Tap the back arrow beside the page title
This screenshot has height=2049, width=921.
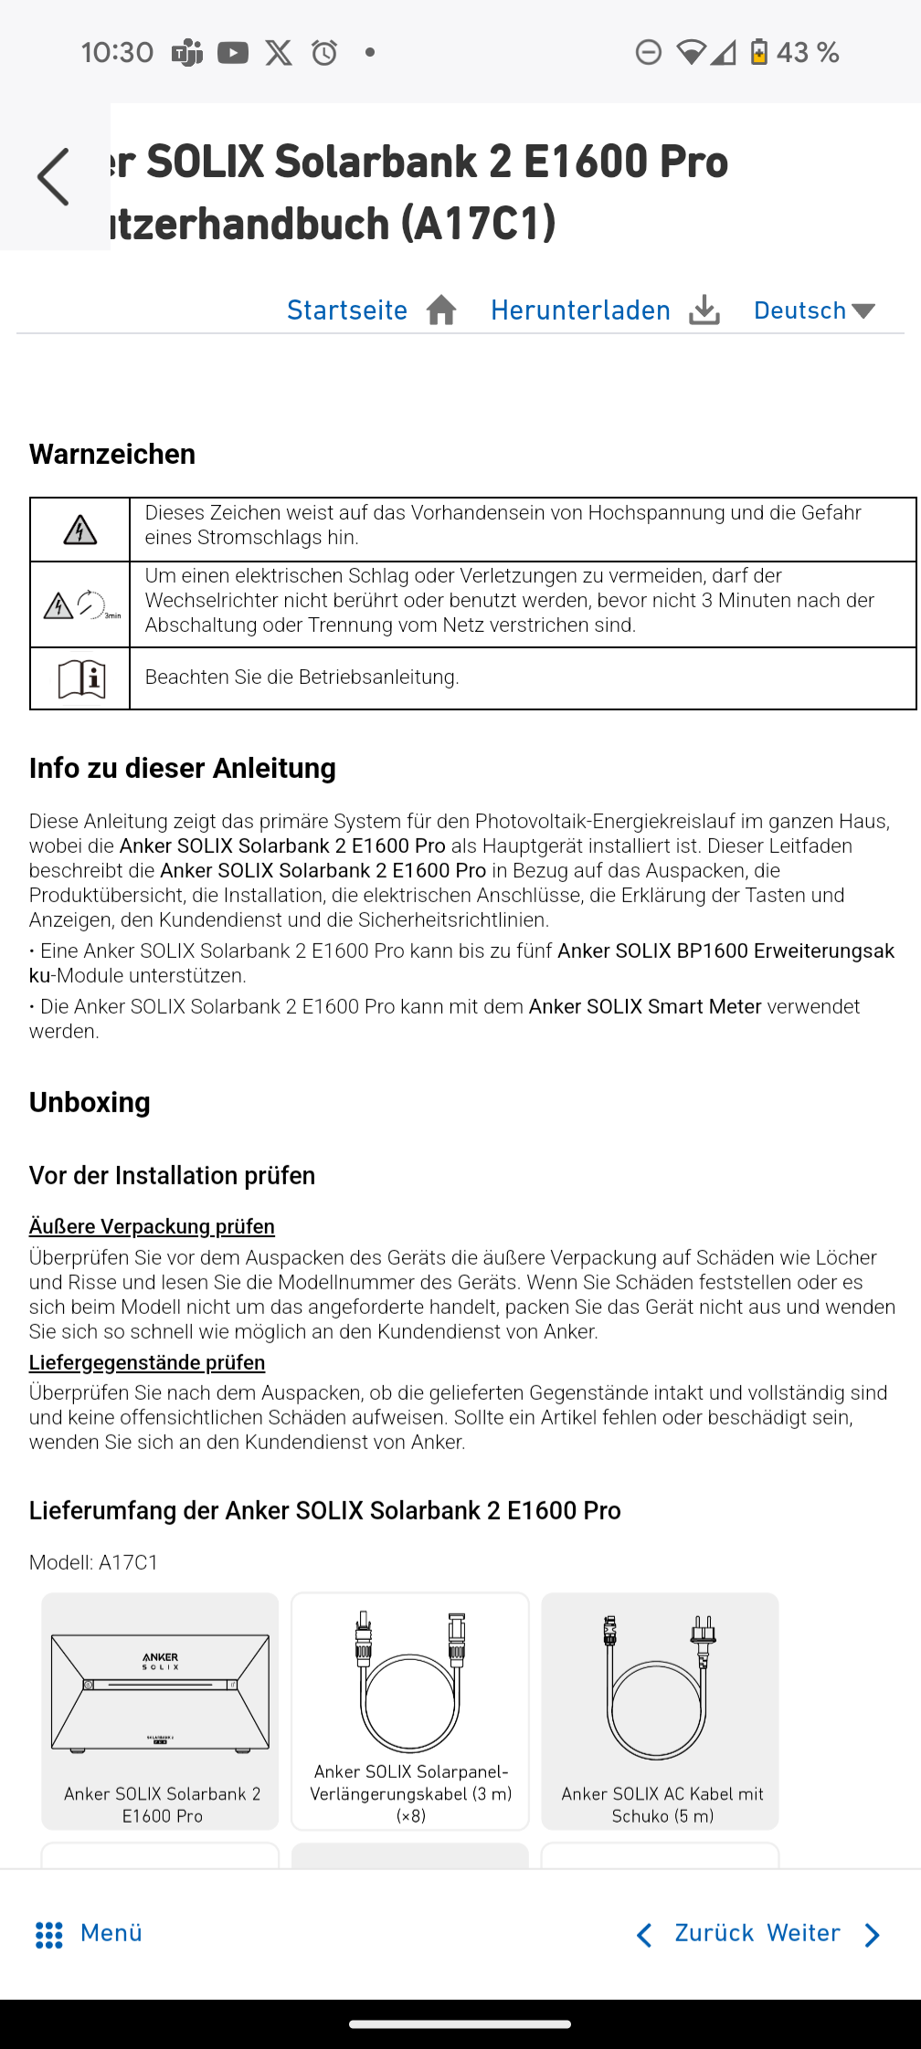(x=53, y=177)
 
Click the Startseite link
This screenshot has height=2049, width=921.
(x=347, y=310)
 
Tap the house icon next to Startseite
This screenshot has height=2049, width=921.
(x=441, y=310)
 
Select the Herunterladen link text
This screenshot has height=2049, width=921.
(x=580, y=310)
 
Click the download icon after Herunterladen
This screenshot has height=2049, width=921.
(x=704, y=310)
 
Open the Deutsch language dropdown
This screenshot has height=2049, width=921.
(x=814, y=310)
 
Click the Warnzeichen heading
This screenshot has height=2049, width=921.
(x=112, y=454)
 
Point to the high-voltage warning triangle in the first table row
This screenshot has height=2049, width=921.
(x=80, y=530)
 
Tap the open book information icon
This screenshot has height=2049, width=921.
(x=81, y=678)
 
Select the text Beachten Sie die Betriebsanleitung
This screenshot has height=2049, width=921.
(x=302, y=678)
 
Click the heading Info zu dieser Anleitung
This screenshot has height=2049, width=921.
(x=183, y=768)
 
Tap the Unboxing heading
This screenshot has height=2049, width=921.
(x=90, y=1102)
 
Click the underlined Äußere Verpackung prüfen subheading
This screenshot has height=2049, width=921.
(x=152, y=1226)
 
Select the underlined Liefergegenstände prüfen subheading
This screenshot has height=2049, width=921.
(x=147, y=1362)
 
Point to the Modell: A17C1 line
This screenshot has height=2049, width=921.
(x=94, y=1562)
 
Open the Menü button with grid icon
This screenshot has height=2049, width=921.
(x=89, y=1933)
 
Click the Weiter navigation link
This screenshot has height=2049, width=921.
(x=804, y=1933)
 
